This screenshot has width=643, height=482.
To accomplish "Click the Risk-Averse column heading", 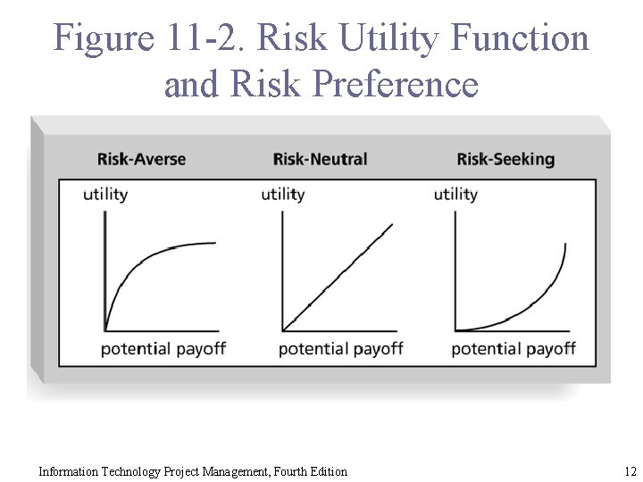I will click(x=141, y=160).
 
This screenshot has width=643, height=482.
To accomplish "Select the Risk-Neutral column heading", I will click(x=320, y=160).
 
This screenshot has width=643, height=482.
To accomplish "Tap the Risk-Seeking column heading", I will click(x=505, y=160).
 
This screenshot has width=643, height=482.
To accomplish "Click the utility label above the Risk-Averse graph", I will click(x=105, y=195).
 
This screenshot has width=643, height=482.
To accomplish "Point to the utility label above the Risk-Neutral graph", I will click(x=282, y=195).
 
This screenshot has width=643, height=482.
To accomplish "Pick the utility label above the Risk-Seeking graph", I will click(x=455, y=195).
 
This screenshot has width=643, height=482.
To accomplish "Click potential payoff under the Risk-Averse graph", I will click(x=163, y=348).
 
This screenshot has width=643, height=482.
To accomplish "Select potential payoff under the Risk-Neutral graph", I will click(x=340, y=348).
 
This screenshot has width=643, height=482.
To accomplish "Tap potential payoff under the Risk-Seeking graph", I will click(x=514, y=348).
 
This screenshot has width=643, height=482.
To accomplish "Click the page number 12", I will click(x=630, y=471).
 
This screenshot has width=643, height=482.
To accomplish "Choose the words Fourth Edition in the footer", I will click(x=305, y=471).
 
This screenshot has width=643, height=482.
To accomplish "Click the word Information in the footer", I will click(x=70, y=471).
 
